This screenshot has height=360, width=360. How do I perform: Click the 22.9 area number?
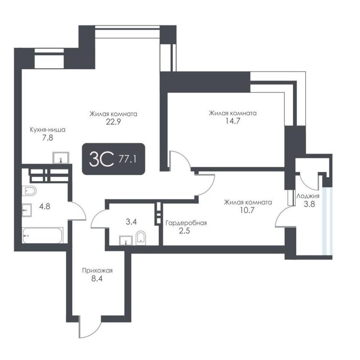click(113, 122)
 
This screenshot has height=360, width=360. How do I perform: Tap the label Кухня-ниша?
click(48, 130)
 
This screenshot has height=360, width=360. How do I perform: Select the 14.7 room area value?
click(233, 121)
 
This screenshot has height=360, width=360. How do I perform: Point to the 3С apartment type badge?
click(102, 159)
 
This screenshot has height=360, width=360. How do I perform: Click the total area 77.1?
click(127, 159)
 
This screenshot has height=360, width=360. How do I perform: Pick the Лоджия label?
click(308, 196)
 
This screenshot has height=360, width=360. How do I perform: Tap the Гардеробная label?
click(186, 223)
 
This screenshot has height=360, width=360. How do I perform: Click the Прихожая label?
click(97, 270)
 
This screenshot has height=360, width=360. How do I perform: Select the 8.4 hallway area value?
click(96, 279)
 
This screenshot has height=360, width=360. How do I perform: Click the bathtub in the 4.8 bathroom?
click(43, 235)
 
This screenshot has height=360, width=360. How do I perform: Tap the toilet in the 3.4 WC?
click(140, 238)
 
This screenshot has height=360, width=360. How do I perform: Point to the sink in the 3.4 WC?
click(126, 240)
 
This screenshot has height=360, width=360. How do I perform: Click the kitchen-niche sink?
click(61, 158)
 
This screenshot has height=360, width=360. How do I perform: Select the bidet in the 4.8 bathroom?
click(29, 190)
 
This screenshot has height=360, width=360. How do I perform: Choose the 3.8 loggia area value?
click(309, 204)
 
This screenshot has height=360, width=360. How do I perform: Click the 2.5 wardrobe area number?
click(184, 230)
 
